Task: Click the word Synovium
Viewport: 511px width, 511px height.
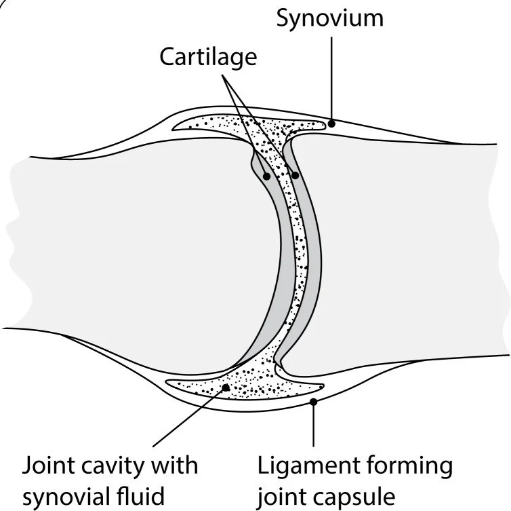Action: [330, 18]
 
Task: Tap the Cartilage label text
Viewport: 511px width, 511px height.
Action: [208, 57]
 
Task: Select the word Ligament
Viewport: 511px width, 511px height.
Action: [306, 466]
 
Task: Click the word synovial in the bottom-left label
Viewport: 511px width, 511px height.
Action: [66, 497]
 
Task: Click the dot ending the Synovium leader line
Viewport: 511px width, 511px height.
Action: [330, 124]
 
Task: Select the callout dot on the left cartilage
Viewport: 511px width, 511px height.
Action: [267, 176]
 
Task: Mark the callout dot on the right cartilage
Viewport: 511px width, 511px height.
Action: [295, 175]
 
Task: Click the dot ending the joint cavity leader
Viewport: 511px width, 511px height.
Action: [226, 388]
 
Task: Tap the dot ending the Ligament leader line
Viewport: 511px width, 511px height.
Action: [312, 403]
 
